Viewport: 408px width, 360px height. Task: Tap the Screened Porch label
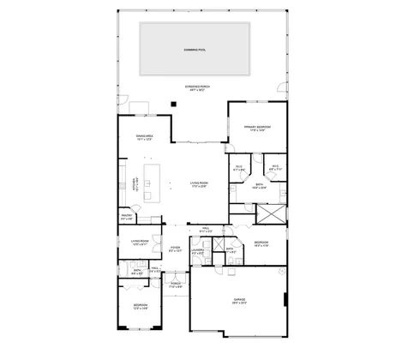pyautogui.click(x=197, y=89)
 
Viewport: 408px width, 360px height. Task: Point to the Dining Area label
pyautogui.click(x=144, y=137)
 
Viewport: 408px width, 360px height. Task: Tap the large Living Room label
pyautogui.click(x=201, y=185)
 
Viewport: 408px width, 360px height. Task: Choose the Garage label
pyautogui.click(x=239, y=301)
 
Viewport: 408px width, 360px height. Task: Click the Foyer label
pyautogui.click(x=175, y=249)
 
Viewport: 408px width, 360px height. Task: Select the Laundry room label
pyautogui.click(x=198, y=251)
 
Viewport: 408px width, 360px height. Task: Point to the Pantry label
pyautogui.click(x=127, y=217)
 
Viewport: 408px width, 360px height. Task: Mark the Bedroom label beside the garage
pyautogui.click(x=261, y=245)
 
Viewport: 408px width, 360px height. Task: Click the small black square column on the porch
pyautogui.click(x=172, y=105)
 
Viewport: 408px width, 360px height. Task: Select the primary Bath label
pyautogui.click(x=258, y=185)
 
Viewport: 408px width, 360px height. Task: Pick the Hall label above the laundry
pyautogui.click(x=206, y=230)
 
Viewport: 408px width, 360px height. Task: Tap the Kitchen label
pyautogui.click(x=134, y=185)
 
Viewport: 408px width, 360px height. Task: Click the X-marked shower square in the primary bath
pyautogui.click(x=274, y=214)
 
